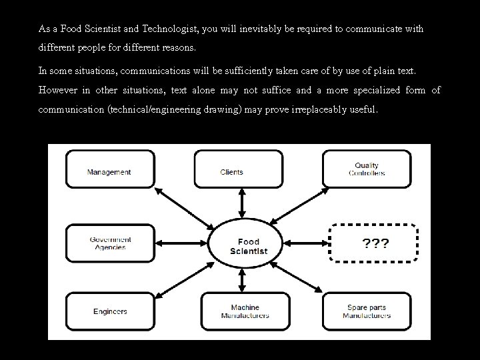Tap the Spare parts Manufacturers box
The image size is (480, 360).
[366, 311]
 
